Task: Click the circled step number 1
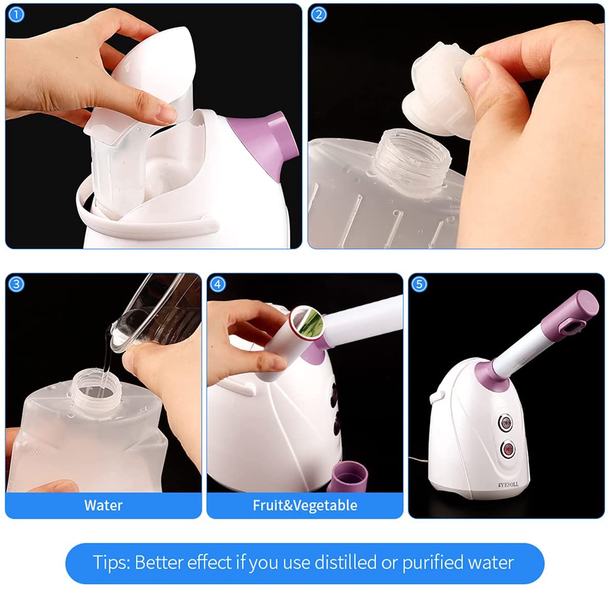(x=16, y=14)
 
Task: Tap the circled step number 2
(x=318, y=14)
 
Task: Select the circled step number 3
(x=16, y=284)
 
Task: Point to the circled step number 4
(x=218, y=284)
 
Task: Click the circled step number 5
(x=420, y=284)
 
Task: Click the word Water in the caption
(x=103, y=505)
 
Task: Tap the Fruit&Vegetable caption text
(x=304, y=505)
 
